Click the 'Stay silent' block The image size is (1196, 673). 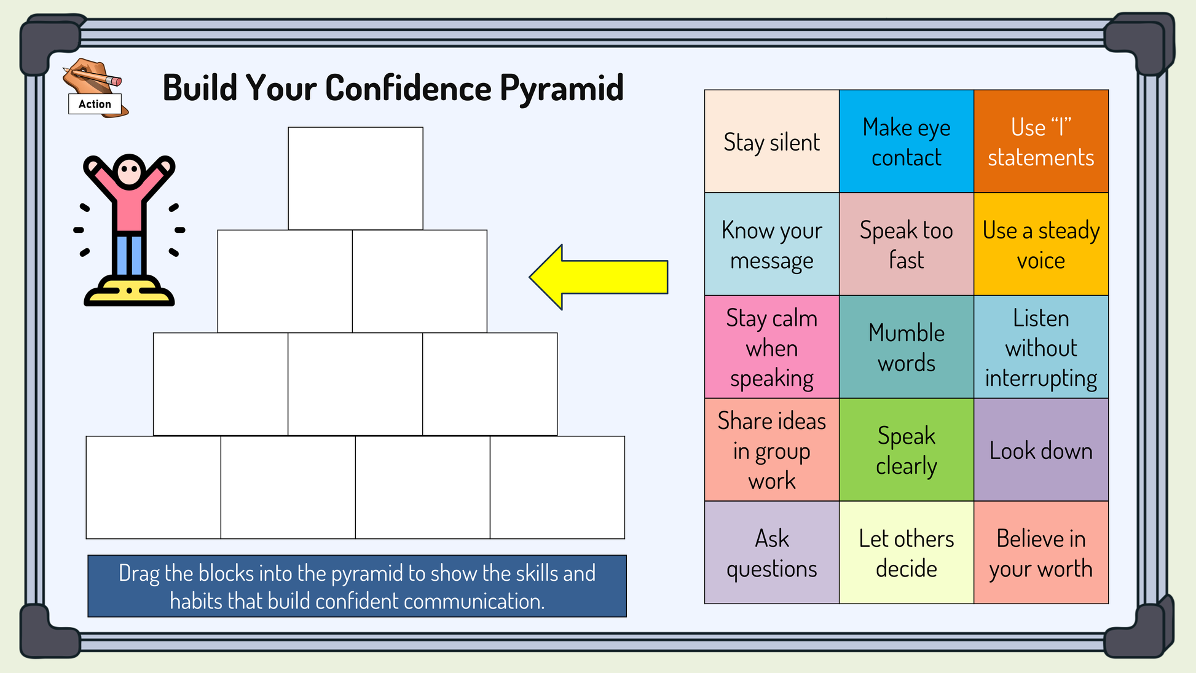[x=771, y=141]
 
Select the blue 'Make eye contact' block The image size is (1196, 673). [x=906, y=141]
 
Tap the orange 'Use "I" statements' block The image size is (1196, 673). [x=1041, y=141]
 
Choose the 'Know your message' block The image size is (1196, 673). [x=771, y=245]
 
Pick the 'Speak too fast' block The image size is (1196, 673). [x=906, y=245]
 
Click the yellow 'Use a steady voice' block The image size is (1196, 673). [x=1041, y=245]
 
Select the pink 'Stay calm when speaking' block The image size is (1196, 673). [x=771, y=347]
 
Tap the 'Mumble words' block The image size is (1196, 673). [x=906, y=347]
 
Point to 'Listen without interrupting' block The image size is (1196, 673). [x=1041, y=347]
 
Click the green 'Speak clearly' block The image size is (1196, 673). [x=906, y=450]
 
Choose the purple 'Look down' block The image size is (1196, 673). [x=1041, y=450]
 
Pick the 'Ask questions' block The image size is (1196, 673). [x=771, y=553]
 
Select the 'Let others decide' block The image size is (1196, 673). [x=906, y=553]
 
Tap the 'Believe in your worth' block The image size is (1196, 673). [x=1041, y=553]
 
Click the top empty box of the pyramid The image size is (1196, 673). [x=355, y=178]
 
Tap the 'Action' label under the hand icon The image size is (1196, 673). [x=95, y=104]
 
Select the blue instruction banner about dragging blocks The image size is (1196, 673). [x=357, y=586]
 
